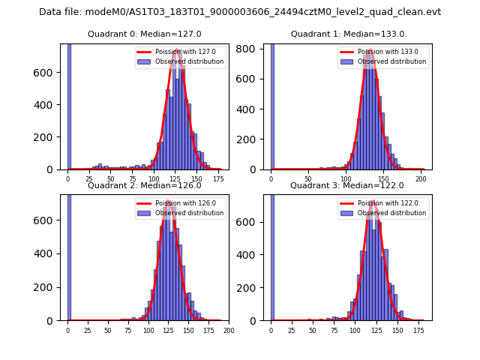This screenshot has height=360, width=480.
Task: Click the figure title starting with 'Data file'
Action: [x=240, y=12]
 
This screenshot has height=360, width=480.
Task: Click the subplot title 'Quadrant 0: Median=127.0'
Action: [x=145, y=34]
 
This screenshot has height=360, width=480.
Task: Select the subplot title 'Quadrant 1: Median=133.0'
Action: [x=347, y=34]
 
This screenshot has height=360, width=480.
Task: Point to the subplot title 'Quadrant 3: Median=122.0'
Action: [x=347, y=185]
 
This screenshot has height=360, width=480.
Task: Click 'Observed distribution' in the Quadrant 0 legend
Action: [x=190, y=61]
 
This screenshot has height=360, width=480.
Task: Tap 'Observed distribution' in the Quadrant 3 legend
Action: [x=392, y=213]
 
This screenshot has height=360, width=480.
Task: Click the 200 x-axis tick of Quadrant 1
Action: [x=421, y=178]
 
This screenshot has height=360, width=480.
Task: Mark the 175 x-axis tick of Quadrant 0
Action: [x=218, y=178]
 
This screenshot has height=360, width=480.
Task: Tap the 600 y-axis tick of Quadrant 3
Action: [x=253, y=220]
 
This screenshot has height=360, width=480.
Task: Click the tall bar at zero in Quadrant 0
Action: [x=69, y=105]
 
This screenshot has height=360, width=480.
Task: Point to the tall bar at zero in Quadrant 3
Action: [x=272, y=255]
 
